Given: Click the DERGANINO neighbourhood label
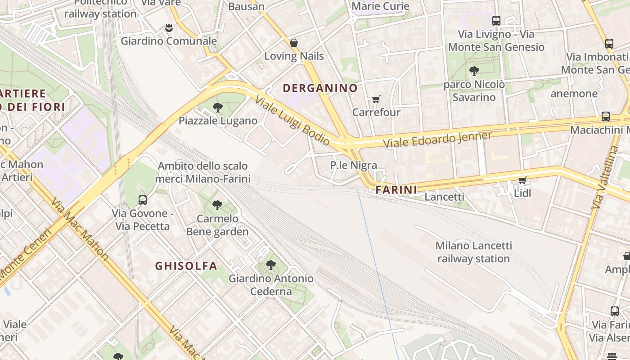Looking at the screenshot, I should [320, 88].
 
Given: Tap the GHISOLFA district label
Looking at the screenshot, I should [186, 266].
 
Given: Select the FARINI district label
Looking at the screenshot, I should [396, 190].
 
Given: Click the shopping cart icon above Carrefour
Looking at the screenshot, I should [376, 99].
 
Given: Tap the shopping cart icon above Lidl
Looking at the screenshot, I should [522, 180].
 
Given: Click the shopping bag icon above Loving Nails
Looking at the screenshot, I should [294, 43].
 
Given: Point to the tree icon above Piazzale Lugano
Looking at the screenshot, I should [218, 107].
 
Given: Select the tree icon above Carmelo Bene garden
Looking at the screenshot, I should [217, 205].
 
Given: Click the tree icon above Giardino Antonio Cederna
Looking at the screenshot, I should [270, 265].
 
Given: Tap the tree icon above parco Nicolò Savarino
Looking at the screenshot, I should [474, 71].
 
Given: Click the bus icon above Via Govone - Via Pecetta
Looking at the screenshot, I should [143, 200].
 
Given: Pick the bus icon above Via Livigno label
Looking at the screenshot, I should [496, 20].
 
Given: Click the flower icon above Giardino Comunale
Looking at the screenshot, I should [169, 27].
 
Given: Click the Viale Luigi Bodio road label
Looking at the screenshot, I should [292, 121].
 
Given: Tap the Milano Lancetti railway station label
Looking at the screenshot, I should [473, 252].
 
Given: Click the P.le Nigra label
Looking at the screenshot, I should [353, 165].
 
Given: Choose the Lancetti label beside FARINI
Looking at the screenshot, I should [444, 197].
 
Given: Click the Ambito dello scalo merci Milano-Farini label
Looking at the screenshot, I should [202, 172].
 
